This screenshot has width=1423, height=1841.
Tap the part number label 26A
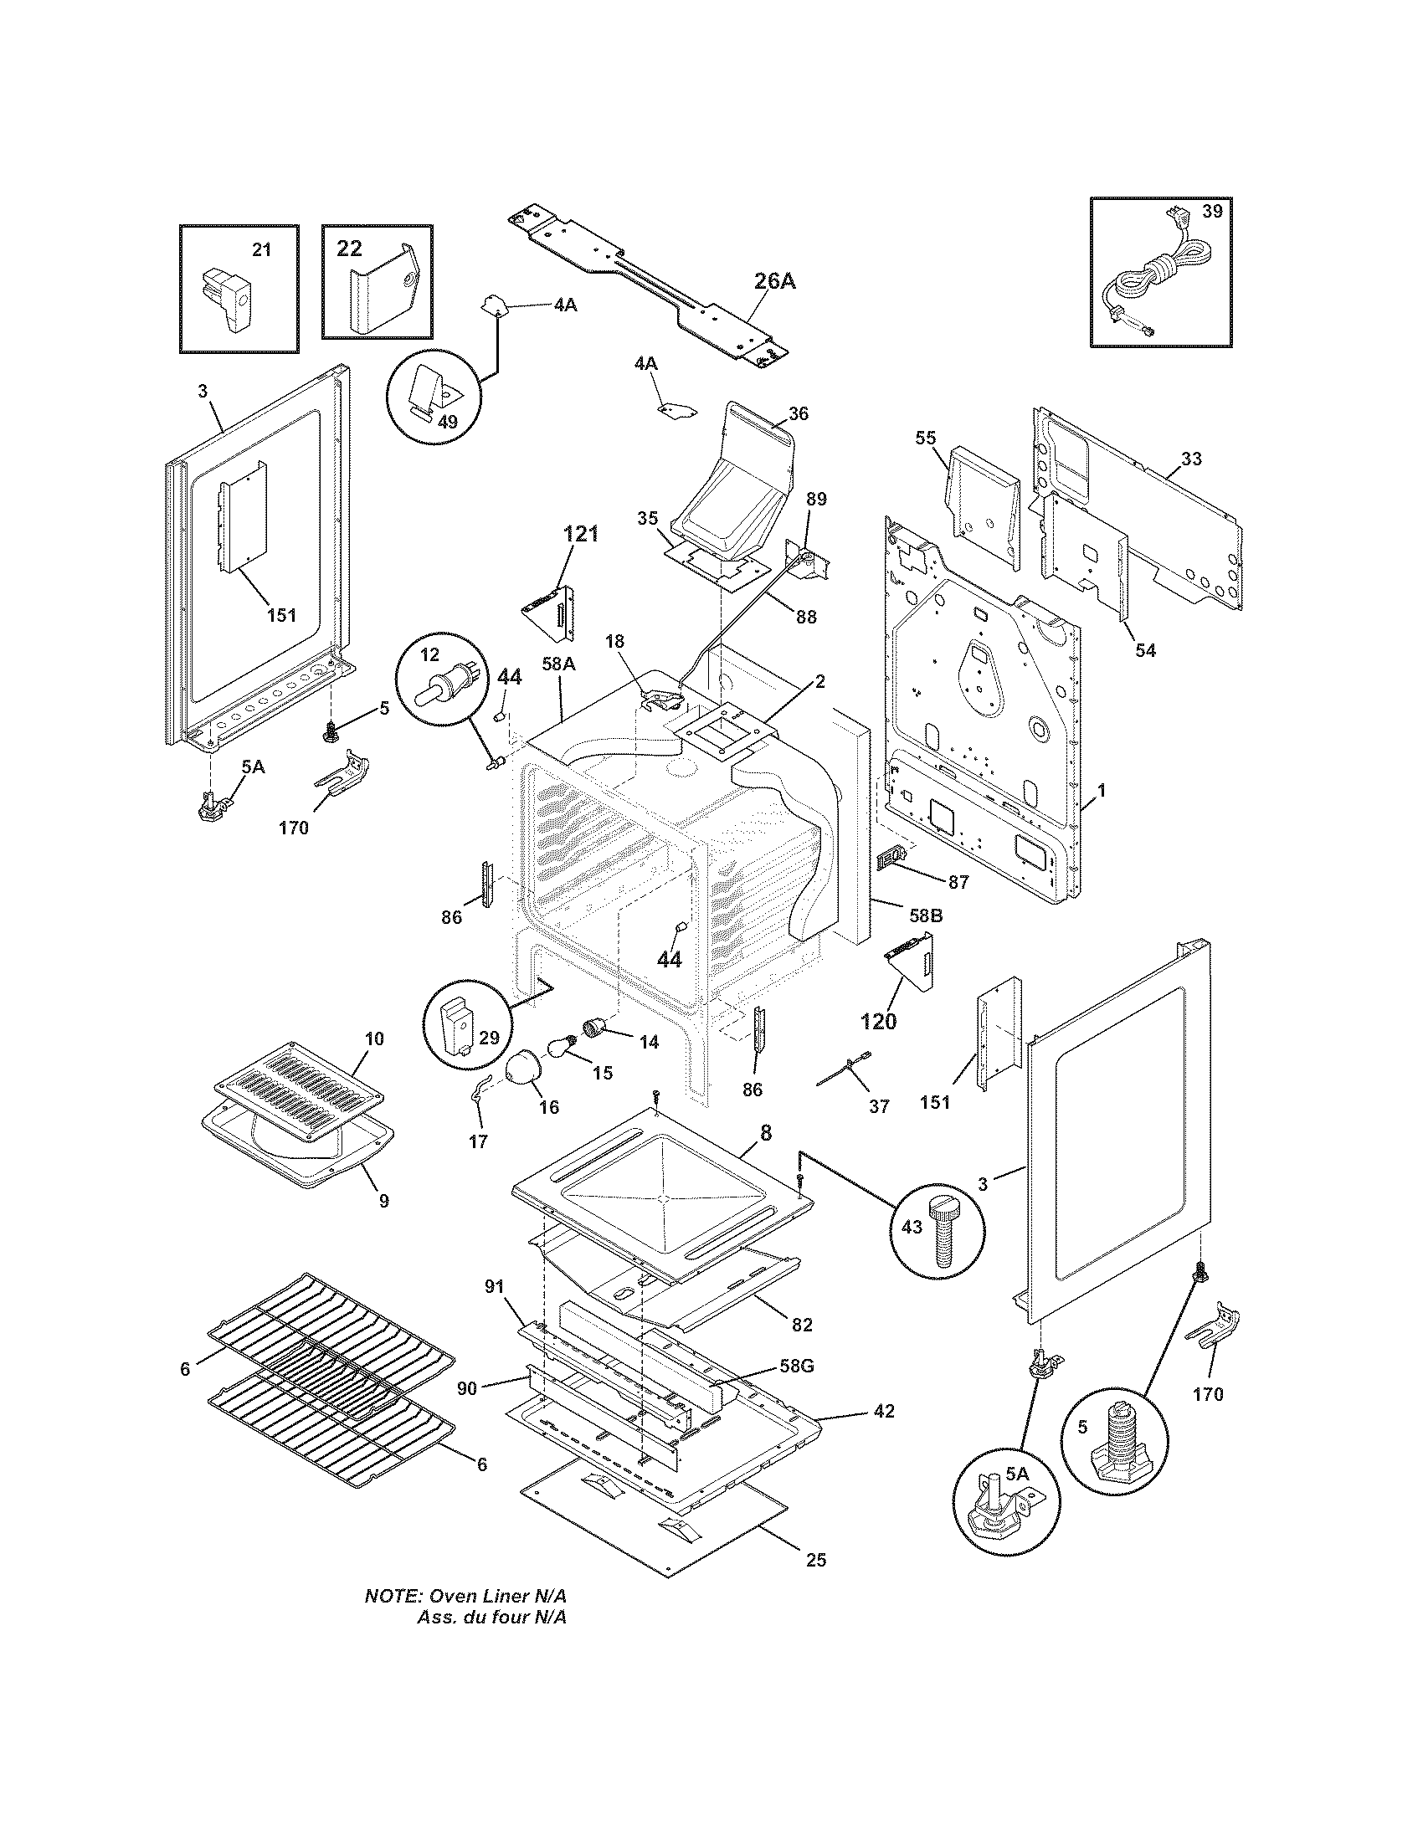(x=773, y=281)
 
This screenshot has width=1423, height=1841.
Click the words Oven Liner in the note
(x=486, y=1597)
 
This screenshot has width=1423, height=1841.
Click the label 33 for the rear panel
(x=1190, y=459)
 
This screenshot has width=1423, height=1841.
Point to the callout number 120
(x=877, y=1021)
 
